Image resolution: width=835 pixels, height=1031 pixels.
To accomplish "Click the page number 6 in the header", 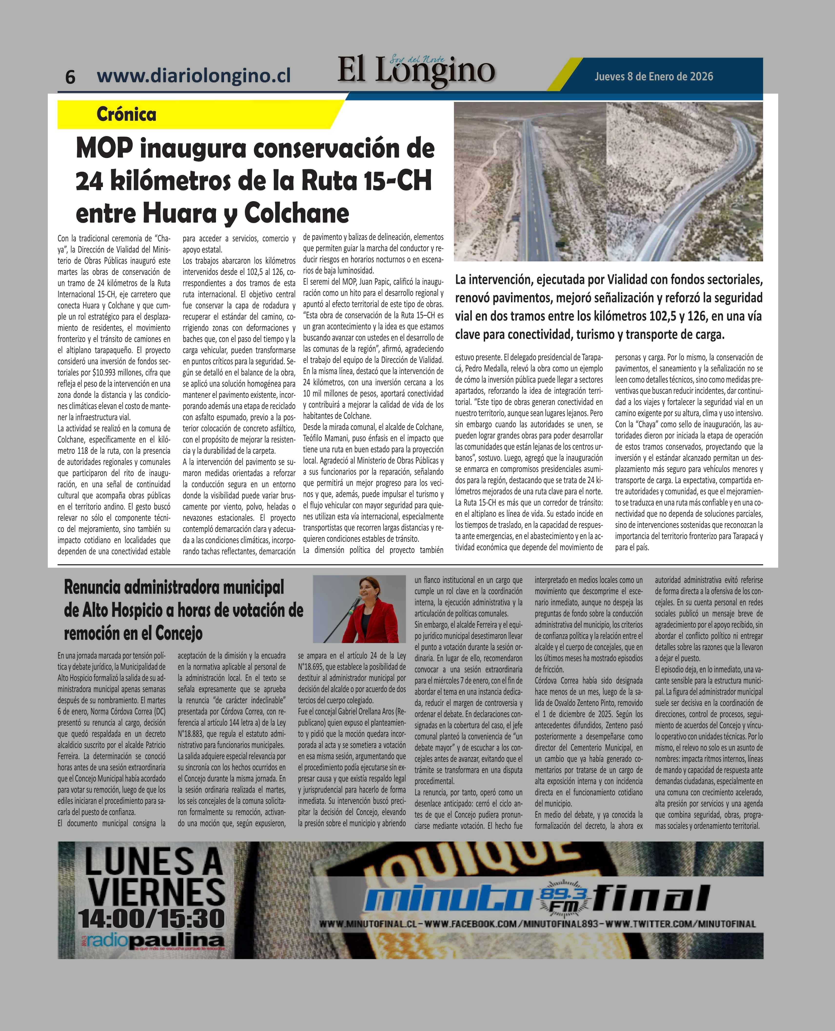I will click(x=70, y=77).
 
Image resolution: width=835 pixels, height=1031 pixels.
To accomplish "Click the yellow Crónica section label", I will click(x=127, y=115).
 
